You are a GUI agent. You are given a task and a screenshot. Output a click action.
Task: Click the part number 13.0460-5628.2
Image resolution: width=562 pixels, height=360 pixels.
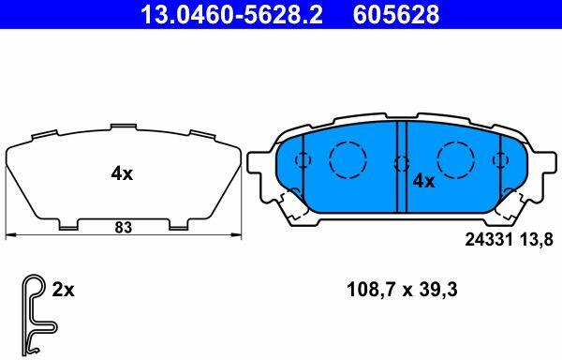(231, 15)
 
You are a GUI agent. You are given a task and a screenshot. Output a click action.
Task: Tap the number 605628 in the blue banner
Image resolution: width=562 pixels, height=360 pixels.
(396, 15)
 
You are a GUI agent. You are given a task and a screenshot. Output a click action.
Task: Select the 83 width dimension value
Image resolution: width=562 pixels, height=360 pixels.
(124, 228)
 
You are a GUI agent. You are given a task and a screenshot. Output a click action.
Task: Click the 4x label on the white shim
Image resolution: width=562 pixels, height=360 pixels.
(122, 174)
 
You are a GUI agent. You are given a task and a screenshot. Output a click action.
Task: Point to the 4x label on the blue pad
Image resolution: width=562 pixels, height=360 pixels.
(423, 181)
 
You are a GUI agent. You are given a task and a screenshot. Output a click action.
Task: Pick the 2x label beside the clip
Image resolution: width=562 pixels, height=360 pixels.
(63, 290)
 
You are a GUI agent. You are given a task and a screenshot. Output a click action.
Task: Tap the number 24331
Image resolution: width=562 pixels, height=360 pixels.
(489, 239)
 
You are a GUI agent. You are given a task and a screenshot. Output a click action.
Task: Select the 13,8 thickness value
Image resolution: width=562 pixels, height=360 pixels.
(535, 239)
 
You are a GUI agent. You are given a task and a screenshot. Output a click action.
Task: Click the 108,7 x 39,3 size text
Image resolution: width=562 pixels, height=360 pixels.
(402, 290)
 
